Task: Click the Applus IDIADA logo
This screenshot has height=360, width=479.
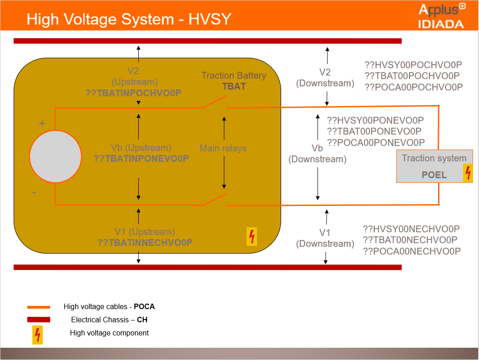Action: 441,16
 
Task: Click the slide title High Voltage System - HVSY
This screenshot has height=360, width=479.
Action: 129,19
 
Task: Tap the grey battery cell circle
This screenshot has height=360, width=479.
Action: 55,156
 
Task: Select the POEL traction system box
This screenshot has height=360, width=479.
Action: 434,166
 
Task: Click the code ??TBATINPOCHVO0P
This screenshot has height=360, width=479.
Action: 133,93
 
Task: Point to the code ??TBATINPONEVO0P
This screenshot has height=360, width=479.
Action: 141,159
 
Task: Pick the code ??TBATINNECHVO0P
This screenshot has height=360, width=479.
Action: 145,242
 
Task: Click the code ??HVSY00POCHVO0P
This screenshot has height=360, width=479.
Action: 413,65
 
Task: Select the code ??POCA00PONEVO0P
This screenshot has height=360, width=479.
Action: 376,142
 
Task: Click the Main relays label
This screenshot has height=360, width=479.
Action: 223,148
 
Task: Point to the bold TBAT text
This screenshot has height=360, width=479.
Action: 234,86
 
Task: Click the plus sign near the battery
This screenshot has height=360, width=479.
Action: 42,123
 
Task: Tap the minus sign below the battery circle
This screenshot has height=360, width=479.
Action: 34,193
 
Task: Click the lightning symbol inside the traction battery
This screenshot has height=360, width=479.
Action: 252,236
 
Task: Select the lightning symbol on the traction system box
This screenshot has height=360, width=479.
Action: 468,173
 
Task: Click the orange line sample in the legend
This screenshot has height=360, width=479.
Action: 39,307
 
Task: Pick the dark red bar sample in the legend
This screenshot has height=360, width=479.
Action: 39,320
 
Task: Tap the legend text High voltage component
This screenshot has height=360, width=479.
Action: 109,333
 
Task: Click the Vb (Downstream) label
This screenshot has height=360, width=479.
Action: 318,154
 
